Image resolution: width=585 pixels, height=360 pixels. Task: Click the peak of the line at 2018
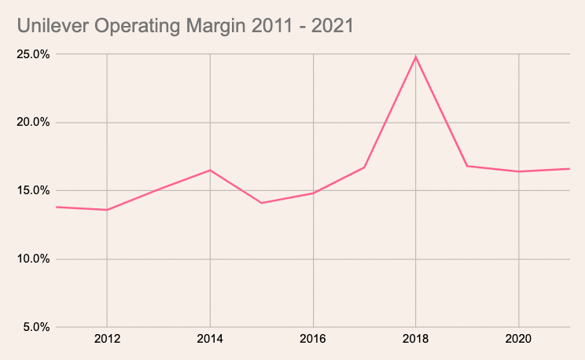(x=416, y=57)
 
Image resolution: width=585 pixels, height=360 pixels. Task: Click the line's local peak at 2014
(x=210, y=170)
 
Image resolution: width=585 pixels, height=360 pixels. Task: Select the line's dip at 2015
(x=262, y=203)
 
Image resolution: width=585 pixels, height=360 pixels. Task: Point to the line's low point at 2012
(x=107, y=210)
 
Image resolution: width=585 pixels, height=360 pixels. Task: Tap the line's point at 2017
(x=365, y=167)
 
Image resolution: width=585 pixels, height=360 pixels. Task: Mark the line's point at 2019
(x=467, y=166)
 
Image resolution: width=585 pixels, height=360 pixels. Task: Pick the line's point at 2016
(x=314, y=193)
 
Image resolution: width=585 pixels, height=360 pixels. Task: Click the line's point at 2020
(x=519, y=171)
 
